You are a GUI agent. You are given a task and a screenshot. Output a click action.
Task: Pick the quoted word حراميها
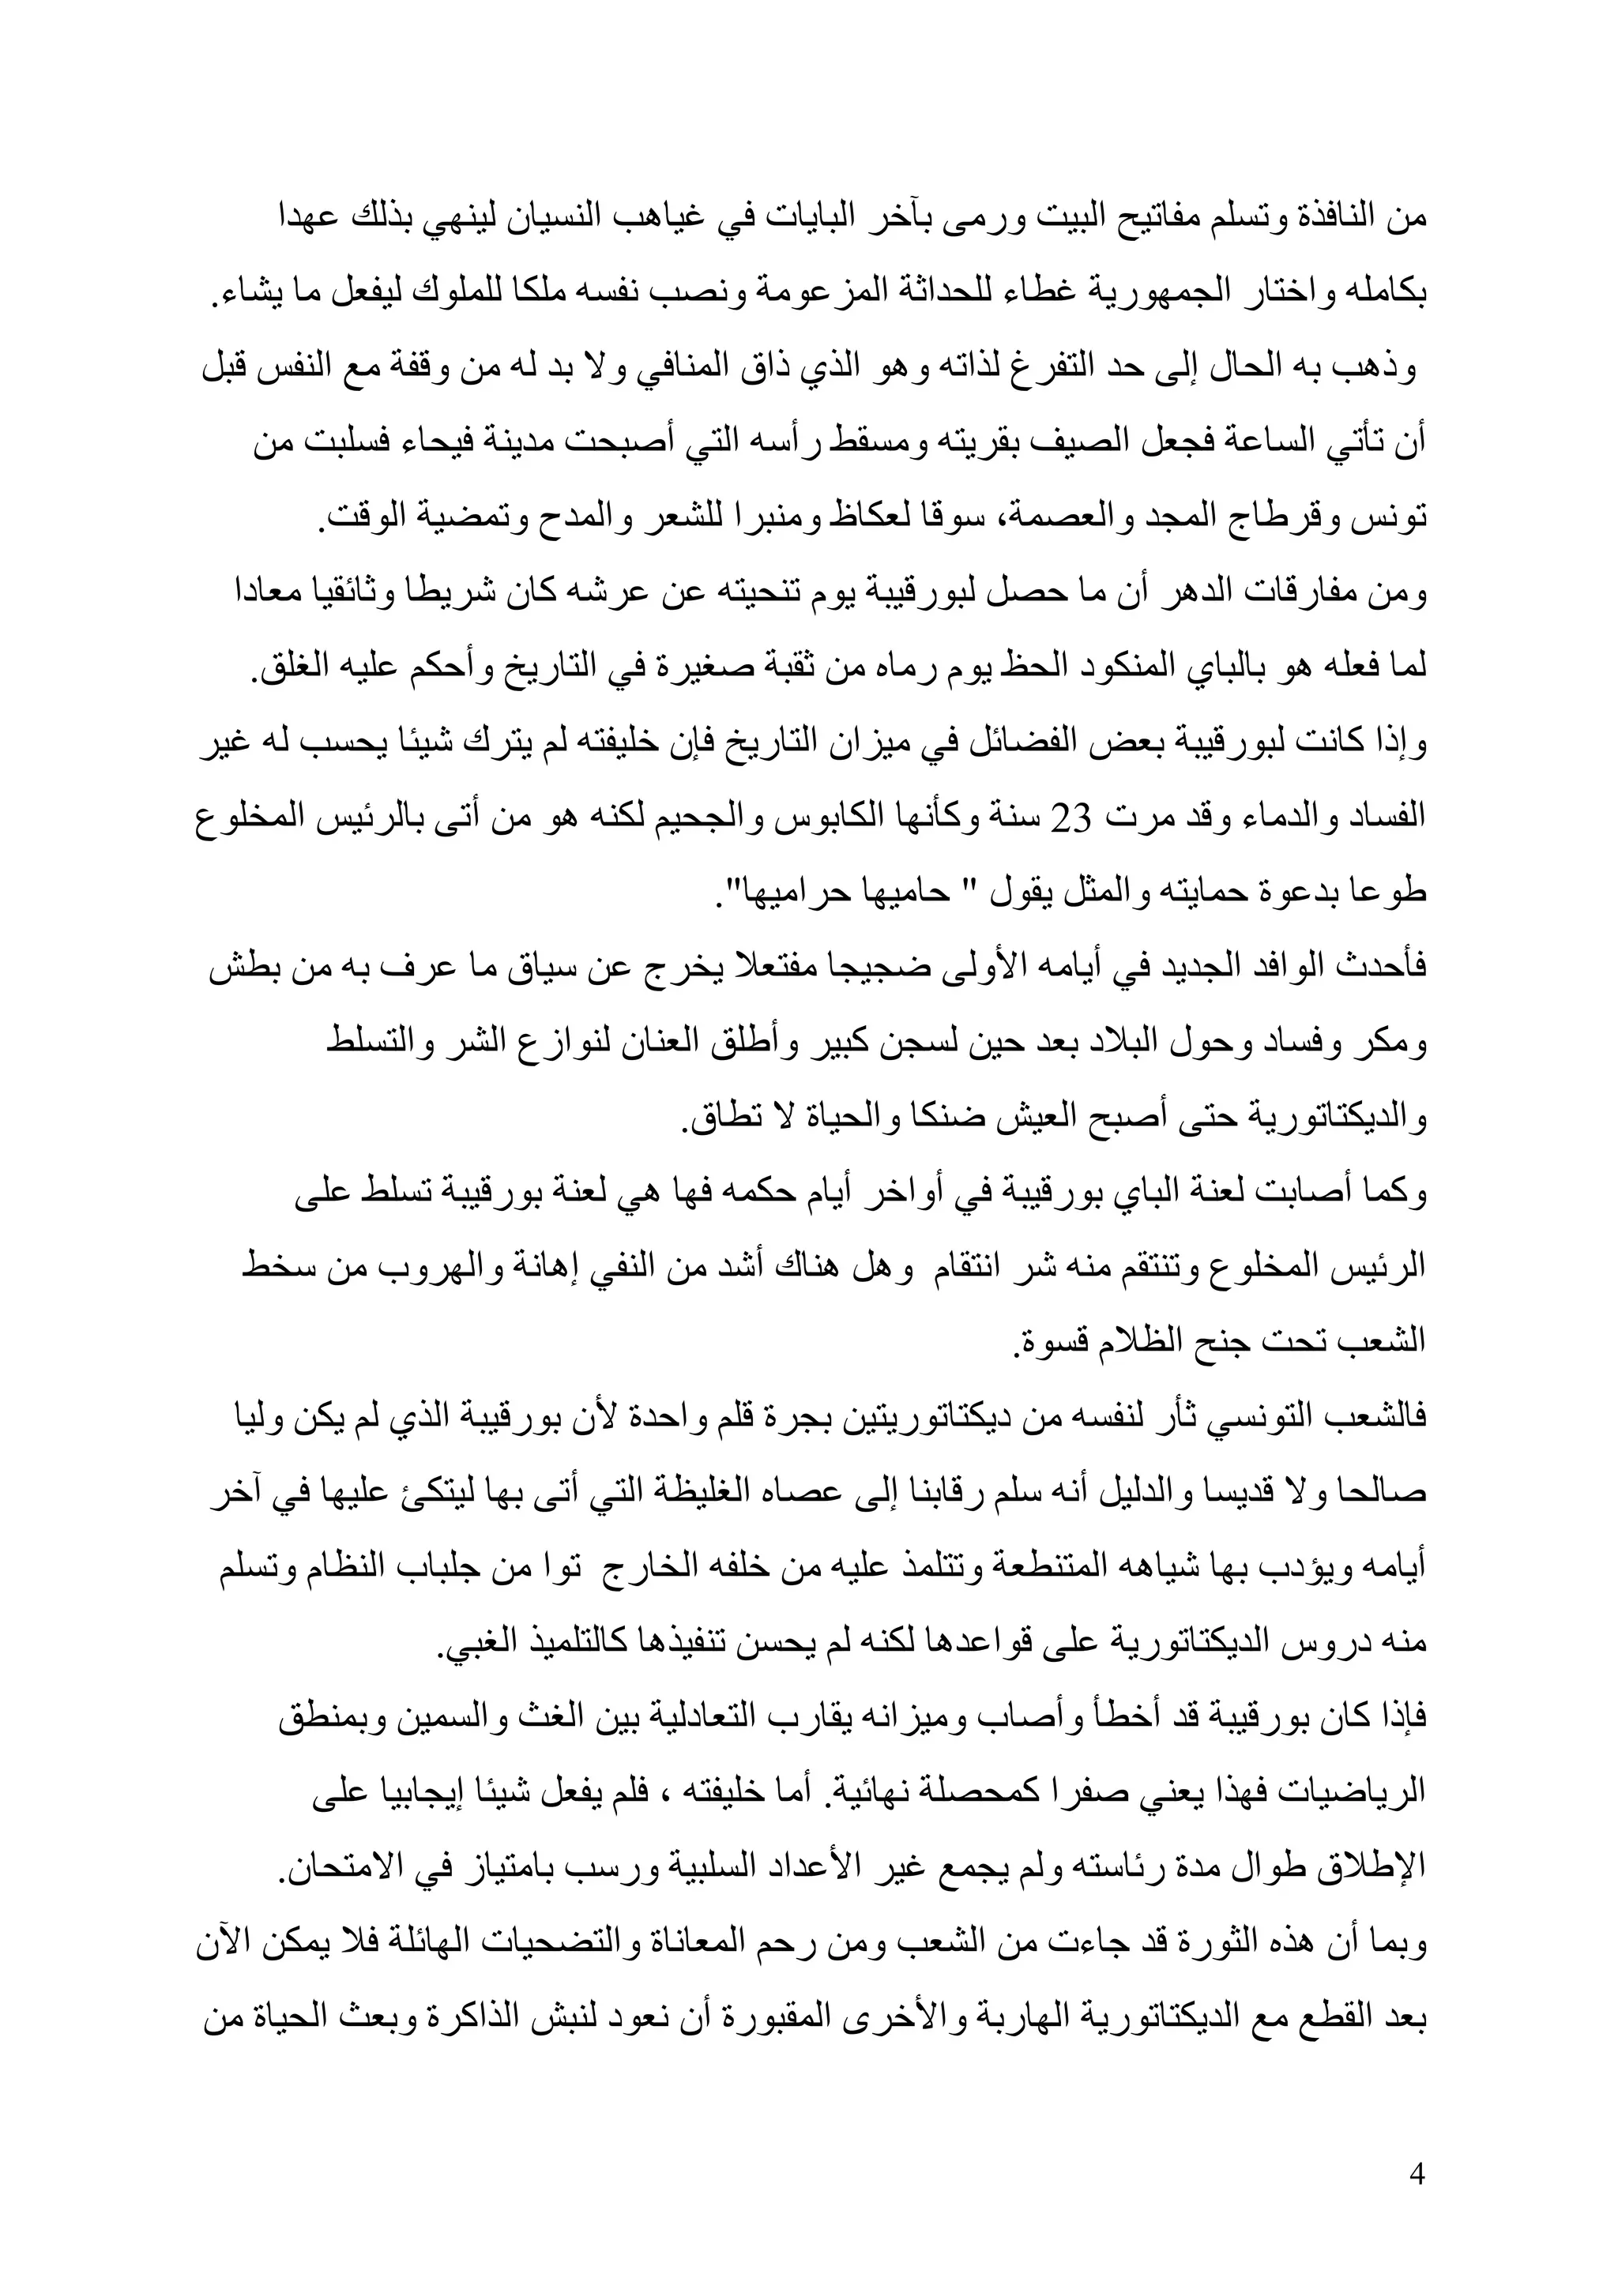768,893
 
